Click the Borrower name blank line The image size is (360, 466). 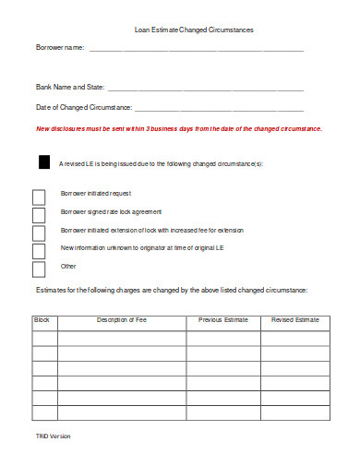(196, 49)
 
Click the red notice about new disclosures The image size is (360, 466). (179, 128)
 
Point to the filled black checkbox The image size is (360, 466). (43, 162)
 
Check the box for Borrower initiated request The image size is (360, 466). (39, 197)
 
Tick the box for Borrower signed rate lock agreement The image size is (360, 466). (39, 214)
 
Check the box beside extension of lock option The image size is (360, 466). (39, 233)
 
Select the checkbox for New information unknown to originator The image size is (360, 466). (39, 251)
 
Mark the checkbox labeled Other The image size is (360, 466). (39, 269)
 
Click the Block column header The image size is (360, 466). (42, 319)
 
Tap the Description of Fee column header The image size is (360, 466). (121, 319)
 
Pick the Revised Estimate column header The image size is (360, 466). (294, 319)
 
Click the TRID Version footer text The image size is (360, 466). (53, 435)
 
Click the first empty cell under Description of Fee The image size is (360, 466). (121, 338)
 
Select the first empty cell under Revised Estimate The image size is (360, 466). (294, 338)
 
